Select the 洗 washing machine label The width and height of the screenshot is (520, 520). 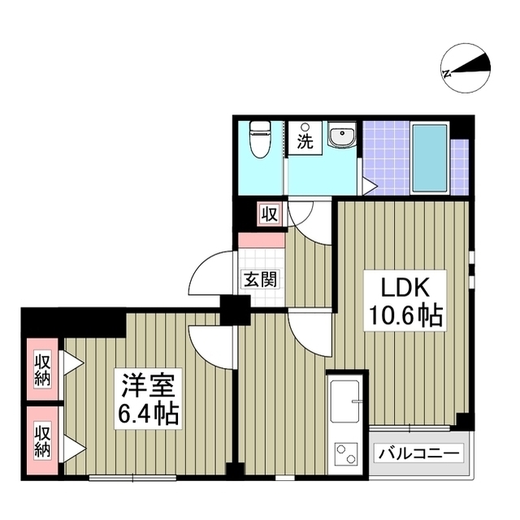pos(305,139)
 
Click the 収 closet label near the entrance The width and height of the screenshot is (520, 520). pos(269,214)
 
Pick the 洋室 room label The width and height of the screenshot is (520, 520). pos(147,381)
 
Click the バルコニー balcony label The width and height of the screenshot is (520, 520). pos(418,453)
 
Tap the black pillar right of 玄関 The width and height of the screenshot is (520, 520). pos(236,308)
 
